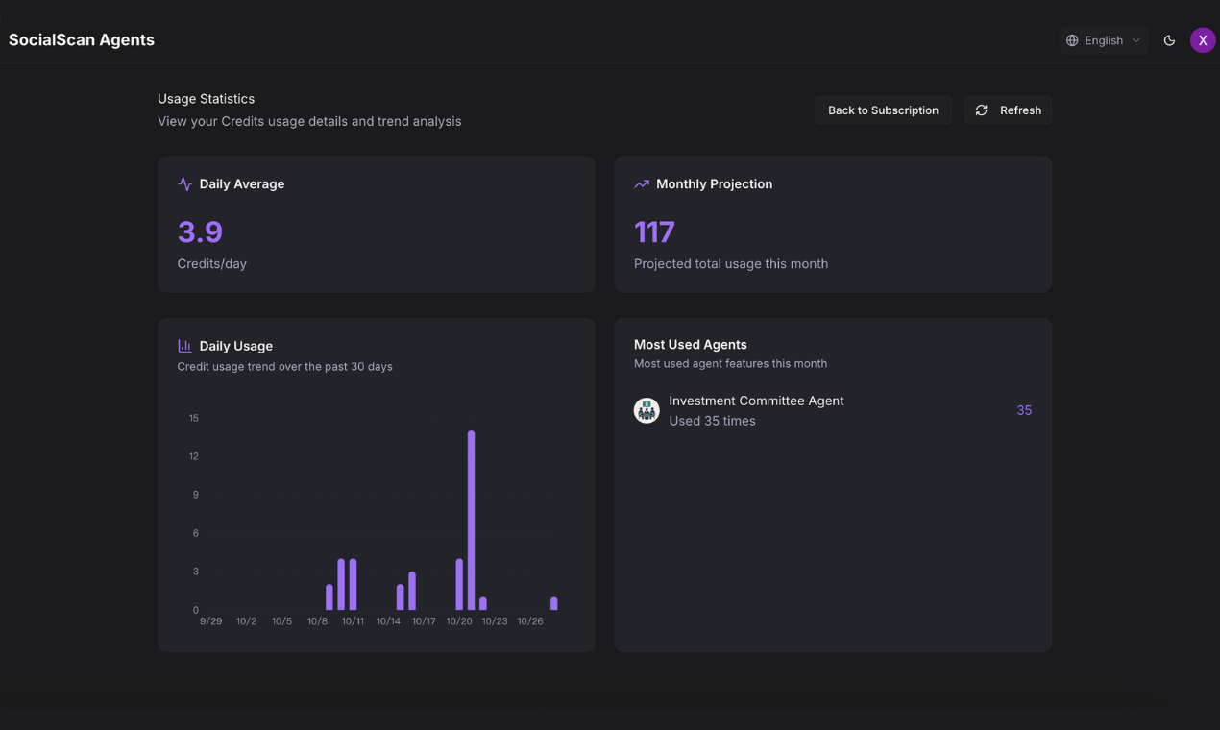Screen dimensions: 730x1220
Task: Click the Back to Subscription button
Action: click(883, 110)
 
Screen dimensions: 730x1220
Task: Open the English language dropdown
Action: click(1104, 40)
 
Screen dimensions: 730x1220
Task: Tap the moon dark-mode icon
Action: click(1169, 40)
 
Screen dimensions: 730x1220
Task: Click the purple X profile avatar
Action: click(1203, 40)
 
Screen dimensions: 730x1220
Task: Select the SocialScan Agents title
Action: click(82, 40)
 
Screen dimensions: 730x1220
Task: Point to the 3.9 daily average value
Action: click(200, 231)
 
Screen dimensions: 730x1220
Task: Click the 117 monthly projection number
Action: click(654, 231)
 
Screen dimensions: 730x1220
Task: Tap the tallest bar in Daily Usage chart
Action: click(471, 520)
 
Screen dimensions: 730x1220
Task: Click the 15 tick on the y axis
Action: click(194, 418)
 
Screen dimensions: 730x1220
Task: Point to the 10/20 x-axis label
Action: click(459, 621)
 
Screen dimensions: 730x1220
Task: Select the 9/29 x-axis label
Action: click(210, 621)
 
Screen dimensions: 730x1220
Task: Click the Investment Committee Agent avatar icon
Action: click(647, 410)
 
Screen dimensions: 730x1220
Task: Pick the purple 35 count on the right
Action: click(1024, 410)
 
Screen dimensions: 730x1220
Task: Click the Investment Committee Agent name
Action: click(756, 401)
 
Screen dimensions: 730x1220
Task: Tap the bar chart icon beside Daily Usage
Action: click(184, 346)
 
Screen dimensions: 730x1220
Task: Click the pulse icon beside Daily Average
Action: click(184, 183)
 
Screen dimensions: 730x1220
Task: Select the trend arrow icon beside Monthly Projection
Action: click(642, 183)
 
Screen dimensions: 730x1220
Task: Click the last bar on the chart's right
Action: click(554, 603)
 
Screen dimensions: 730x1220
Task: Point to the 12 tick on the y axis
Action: click(194, 456)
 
